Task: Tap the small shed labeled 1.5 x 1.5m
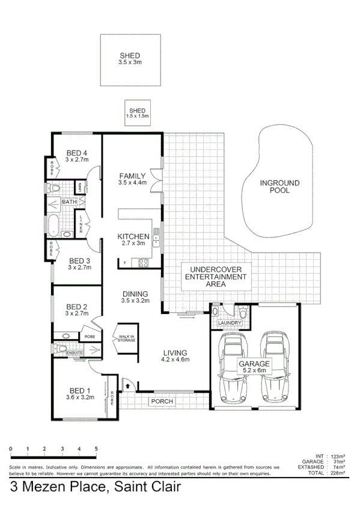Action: click(x=137, y=112)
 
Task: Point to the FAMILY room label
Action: click(x=132, y=179)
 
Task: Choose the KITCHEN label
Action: click(x=132, y=240)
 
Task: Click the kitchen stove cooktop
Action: click(x=144, y=262)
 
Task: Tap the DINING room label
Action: click(x=135, y=297)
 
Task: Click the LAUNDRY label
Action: click(x=230, y=323)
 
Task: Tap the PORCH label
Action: click(x=162, y=401)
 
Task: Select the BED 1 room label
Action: click(x=80, y=393)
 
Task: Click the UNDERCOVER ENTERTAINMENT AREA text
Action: click(x=216, y=277)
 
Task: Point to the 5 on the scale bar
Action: click(x=96, y=449)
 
